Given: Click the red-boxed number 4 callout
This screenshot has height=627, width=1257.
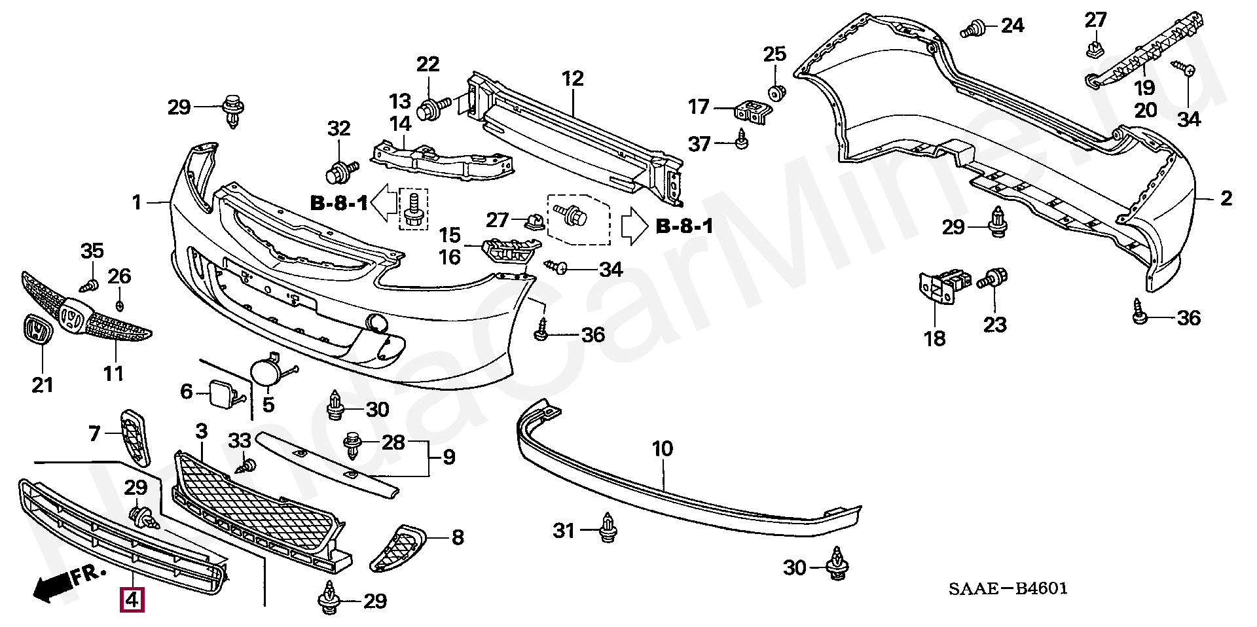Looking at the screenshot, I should (x=132, y=599).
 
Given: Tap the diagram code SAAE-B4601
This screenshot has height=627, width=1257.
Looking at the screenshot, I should (x=1008, y=588).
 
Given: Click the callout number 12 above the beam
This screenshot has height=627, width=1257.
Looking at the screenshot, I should (x=572, y=79).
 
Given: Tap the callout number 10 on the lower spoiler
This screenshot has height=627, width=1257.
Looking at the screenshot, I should (x=662, y=448).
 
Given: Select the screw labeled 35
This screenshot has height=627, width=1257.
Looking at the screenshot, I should (x=90, y=285).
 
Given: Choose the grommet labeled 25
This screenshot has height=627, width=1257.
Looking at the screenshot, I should (x=776, y=92).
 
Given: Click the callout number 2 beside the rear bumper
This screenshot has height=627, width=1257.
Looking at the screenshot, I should (x=1226, y=198).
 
